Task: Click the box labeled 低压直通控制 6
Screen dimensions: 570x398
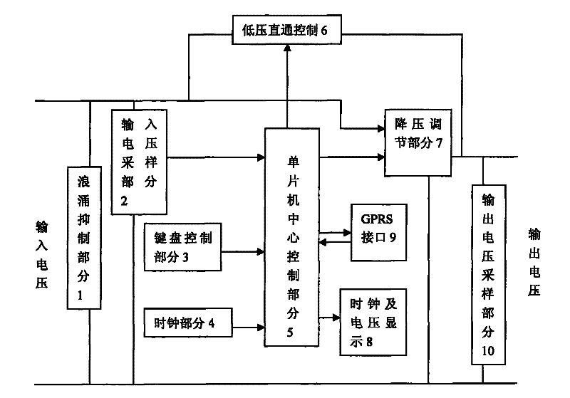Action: point(287,30)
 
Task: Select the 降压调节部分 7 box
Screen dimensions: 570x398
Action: point(418,142)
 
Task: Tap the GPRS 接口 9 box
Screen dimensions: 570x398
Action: point(379,232)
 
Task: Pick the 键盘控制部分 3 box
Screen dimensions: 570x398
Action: point(183,247)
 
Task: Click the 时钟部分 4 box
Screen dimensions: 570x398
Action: point(188,323)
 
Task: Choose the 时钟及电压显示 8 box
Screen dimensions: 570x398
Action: point(373,322)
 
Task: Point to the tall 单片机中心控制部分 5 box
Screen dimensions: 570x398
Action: point(292,237)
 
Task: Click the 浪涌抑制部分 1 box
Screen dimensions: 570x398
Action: point(84,238)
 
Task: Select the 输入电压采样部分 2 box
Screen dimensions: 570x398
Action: point(139,162)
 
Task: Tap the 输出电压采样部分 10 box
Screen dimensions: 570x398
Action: point(489,275)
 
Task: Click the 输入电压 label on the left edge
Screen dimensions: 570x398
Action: point(42,255)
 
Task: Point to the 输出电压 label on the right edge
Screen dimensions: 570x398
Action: point(534,262)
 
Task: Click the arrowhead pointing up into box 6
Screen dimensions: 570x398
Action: point(287,48)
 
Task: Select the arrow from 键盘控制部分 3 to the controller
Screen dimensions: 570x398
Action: point(243,251)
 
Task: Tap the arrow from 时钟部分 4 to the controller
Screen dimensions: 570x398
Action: point(248,328)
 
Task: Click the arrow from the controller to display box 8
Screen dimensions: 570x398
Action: point(329,318)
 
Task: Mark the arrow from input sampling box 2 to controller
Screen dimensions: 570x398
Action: point(216,157)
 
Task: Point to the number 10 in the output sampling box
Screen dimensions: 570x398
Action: point(488,351)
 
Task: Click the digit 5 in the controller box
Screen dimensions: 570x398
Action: point(290,332)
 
